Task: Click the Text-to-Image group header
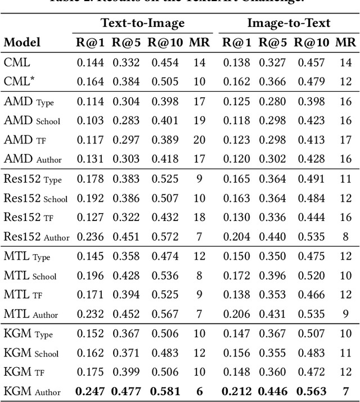click(142, 23)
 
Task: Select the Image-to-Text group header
click(289, 23)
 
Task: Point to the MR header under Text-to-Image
click(199, 42)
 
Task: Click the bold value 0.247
click(90, 391)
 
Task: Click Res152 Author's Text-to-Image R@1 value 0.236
click(91, 237)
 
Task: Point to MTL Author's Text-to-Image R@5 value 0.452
click(127, 314)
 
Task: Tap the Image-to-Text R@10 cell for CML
click(311, 62)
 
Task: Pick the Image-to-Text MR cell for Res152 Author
click(345, 237)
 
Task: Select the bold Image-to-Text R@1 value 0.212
click(237, 391)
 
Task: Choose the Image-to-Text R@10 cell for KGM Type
click(311, 334)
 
